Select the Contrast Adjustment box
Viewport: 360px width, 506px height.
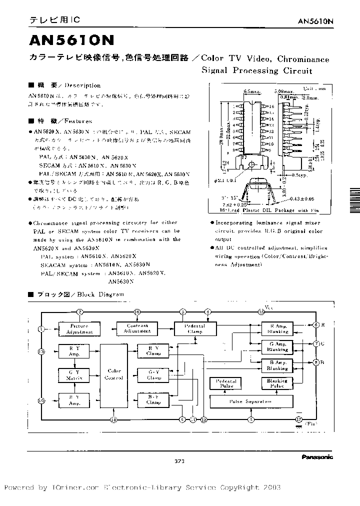[x=137, y=328]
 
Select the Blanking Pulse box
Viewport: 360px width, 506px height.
[x=277, y=383]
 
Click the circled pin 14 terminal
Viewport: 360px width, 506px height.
[x=114, y=420]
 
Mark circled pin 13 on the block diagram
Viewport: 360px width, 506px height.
[x=41, y=351]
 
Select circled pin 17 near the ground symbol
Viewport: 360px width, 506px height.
[x=299, y=420]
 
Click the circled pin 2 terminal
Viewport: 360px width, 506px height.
[x=79, y=311]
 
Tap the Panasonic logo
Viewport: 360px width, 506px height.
[x=317, y=456]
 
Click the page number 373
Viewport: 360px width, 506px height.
[x=180, y=461]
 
